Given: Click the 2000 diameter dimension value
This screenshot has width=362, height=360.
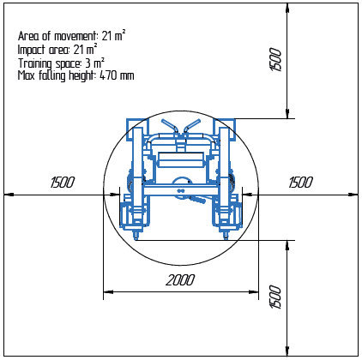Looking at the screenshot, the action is (x=180, y=280).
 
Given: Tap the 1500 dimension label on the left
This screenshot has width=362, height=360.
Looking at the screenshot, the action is (x=63, y=183).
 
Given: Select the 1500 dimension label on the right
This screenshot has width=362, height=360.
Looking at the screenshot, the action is (x=301, y=183).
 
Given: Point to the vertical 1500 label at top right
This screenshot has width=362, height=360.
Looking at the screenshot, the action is (x=275, y=60).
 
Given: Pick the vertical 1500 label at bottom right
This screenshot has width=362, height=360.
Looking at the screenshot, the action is (x=275, y=297).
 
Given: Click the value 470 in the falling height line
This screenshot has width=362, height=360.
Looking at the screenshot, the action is (x=108, y=75).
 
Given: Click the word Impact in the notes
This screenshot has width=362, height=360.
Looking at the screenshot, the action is (x=32, y=50).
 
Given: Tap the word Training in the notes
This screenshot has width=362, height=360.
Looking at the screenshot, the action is (x=35, y=63).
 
